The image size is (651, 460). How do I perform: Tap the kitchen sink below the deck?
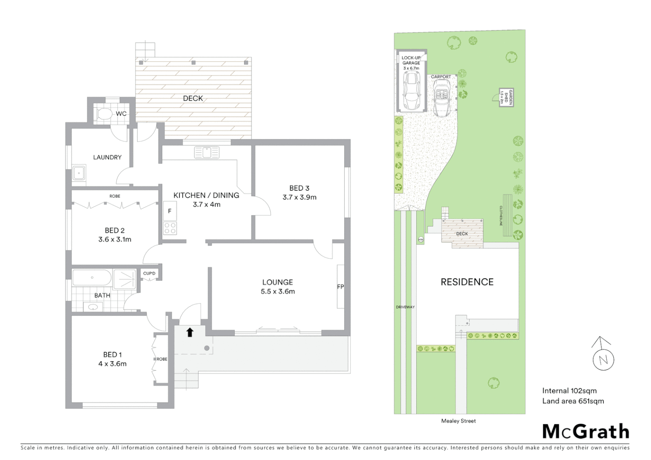click(207, 152)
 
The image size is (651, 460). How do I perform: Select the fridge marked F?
click(170, 211)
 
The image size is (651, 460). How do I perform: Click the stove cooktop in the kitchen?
click(170, 228)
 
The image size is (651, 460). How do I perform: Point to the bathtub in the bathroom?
click(92, 278)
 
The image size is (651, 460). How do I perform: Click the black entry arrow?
click(190, 332)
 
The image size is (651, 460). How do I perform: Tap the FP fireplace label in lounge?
click(340, 287)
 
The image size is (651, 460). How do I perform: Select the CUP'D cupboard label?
click(150, 273)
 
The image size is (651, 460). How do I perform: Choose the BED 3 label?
click(299, 188)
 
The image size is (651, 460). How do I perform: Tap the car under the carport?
click(442, 98)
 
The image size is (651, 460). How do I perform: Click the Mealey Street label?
click(458, 421)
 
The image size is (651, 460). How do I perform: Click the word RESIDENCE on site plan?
click(467, 282)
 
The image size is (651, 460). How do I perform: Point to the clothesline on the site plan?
click(507, 215)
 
